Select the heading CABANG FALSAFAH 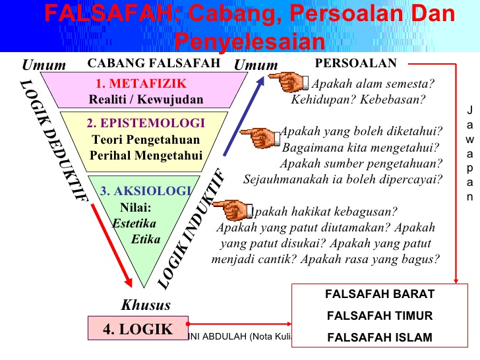[x=154, y=63]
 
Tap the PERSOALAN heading [x=356, y=63]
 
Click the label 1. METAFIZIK [x=141, y=84]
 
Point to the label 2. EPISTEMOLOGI [x=146, y=123]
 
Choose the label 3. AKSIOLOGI [x=146, y=191]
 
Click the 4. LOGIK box [x=137, y=328]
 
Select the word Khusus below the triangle [x=146, y=305]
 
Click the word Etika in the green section [x=146, y=239]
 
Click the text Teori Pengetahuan [x=145, y=140]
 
